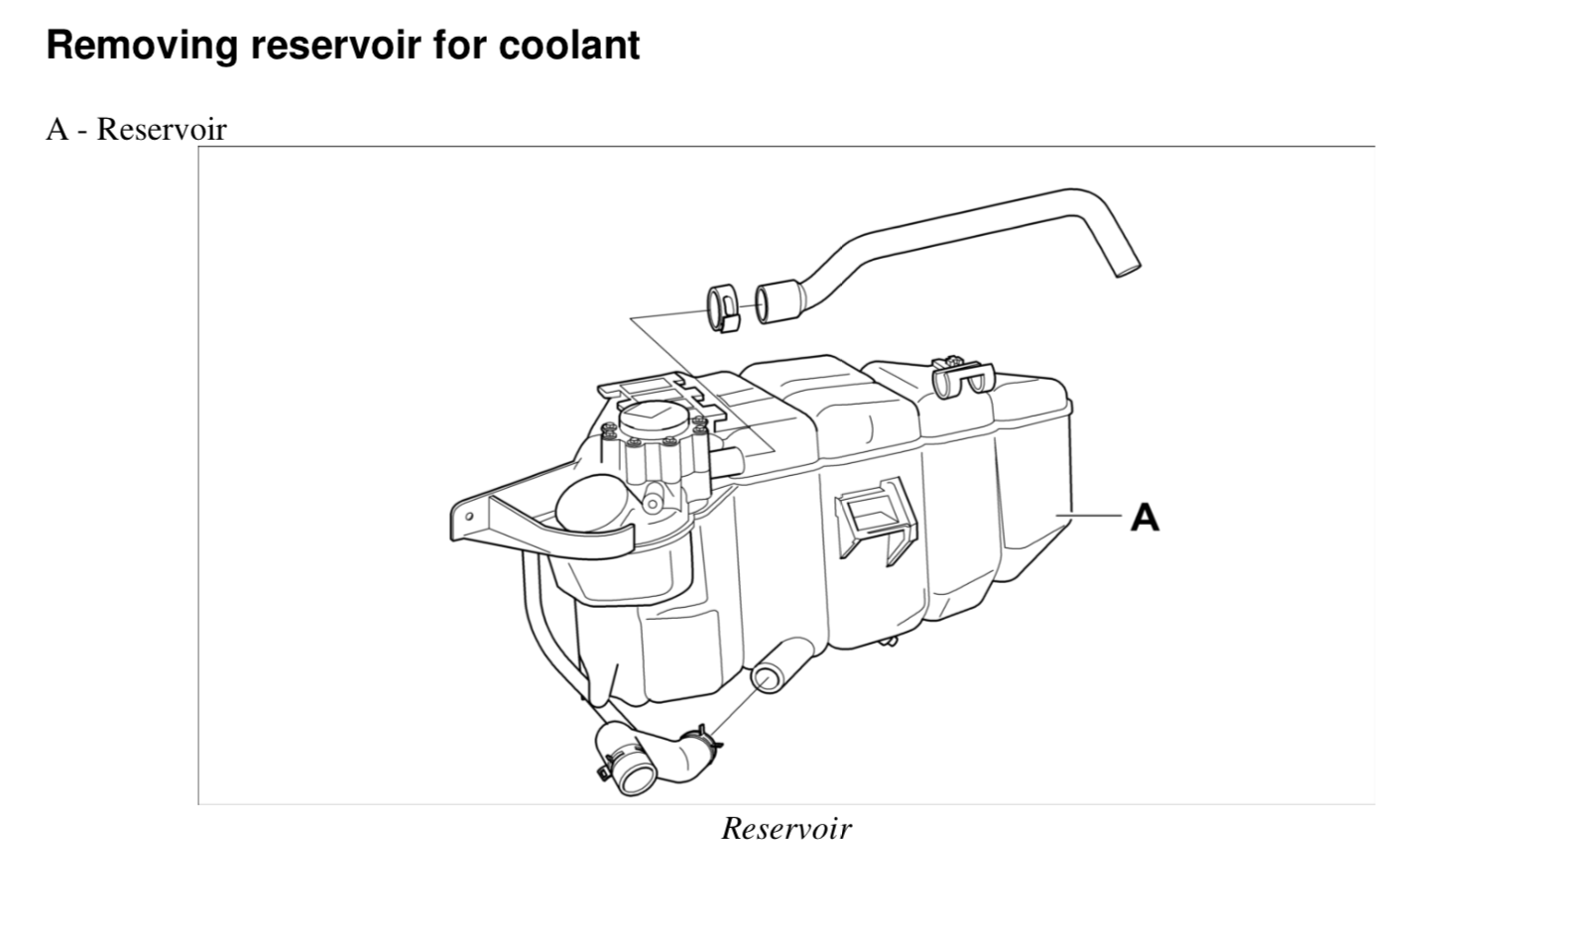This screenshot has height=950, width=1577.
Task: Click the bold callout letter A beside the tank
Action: pos(1145,517)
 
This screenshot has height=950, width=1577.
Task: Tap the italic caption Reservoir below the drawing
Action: pos(786,828)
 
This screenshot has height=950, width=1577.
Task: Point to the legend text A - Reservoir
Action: pos(136,130)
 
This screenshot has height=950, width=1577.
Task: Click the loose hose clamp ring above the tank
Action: pos(723,306)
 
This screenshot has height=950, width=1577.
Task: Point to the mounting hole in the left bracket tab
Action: pos(469,518)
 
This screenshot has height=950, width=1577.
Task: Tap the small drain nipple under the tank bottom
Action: pos(890,642)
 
